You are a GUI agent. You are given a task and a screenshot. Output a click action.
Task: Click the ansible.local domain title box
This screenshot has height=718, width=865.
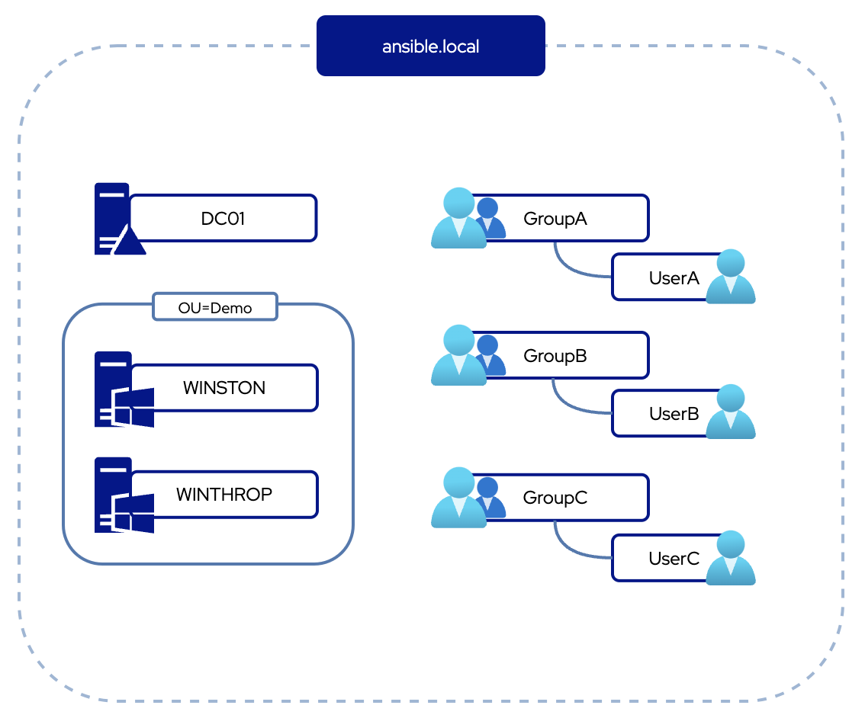pyautogui.click(x=431, y=46)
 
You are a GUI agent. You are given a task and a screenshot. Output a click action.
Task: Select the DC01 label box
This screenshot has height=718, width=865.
pyautogui.click(x=223, y=219)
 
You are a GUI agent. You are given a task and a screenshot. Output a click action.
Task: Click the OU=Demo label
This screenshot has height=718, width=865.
pyautogui.click(x=215, y=307)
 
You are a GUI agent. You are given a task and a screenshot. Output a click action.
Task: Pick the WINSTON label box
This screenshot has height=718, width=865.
pyautogui.click(x=224, y=388)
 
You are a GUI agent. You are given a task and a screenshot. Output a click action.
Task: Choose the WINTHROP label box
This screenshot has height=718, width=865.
pyautogui.click(x=224, y=495)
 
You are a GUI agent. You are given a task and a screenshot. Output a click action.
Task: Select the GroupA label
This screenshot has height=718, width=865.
pyautogui.click(x=555, y=219)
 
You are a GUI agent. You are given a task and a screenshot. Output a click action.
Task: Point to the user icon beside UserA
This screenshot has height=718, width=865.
pyautogui.click(x=731, y=277)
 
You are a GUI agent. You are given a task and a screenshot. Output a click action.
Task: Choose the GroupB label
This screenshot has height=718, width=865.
pyautogui.click(x=555, y=355)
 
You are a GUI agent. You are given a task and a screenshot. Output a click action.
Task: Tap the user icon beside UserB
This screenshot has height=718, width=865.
pyautogui.click(x=731, y=412)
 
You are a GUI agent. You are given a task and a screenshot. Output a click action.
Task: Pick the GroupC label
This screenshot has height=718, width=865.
pyautogui.click(x=555, y=498)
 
